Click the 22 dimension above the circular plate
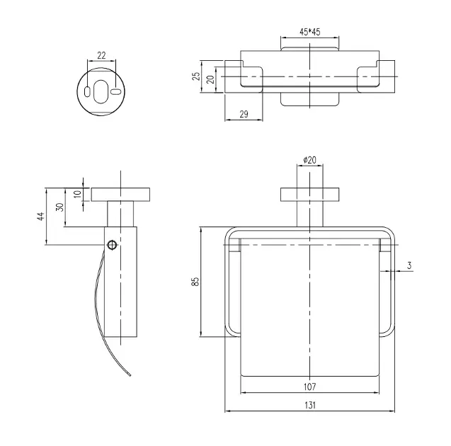(x=101, y=55)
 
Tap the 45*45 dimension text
(x=309, y=32)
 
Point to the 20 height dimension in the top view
(x=210, y=79)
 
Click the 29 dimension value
(x=243, y=114)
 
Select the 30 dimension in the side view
(x=61, y=207)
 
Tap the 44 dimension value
(x=40, y=217)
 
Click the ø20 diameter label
(x=309, y=161)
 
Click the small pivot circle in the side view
(x=112, y=245)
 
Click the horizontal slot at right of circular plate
(x=114, y=89)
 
